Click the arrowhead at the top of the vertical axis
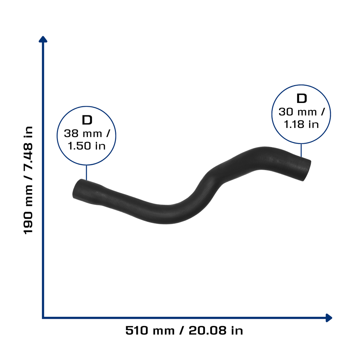[x=43, y=39]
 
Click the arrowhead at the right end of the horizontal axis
[x=329, y=318]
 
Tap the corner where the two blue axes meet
[x=43, y=318]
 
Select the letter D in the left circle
[x=87, y=120]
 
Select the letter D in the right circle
[x=302, y=98]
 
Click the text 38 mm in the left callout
[x=83, y=133]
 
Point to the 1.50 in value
[x=86, y=146]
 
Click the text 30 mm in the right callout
[x=298, y=112]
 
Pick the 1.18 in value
[x=301, y=124]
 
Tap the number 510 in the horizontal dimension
[x=137, y=330]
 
